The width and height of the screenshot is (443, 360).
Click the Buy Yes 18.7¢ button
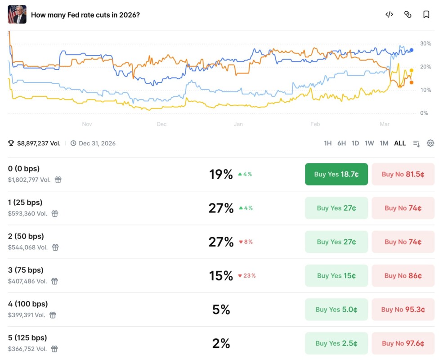[x=336, y=174]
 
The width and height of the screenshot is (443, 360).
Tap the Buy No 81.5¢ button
[x=403, y=174]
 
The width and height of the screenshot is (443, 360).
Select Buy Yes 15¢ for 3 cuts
[x=336, y=275]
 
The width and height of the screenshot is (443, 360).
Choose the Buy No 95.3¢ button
[x=403, y=309]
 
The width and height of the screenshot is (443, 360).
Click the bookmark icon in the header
[x=426, y=14]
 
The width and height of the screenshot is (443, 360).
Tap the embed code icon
[x=389, y=14]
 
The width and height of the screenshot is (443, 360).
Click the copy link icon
[x=408, y=14]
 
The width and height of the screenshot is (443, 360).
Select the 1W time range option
[x=369, y=143]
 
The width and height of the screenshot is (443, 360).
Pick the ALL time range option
[x=400, y=143]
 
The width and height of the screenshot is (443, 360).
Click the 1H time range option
[x=328, y=143]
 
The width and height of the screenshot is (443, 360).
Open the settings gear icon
[x=430, y=143]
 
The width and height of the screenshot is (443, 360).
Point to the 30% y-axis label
[x=425, y=44]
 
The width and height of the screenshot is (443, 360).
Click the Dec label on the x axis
[x=161, y=124]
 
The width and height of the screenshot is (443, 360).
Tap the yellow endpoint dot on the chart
[x=412, y=71]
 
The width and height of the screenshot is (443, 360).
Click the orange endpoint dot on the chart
[x=412, y=82]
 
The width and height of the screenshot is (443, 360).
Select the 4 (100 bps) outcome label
[x=28, y=304]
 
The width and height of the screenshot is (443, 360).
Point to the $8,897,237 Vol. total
[x=39, y=143]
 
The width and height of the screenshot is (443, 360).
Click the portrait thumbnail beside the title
[x=17, y=14]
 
